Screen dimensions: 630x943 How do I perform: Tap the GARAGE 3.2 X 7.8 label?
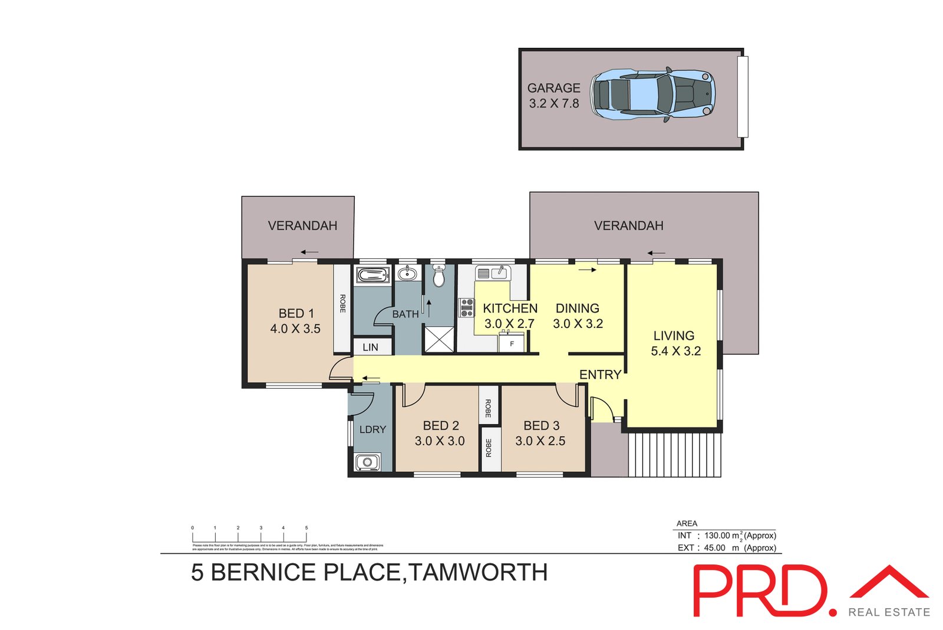[553, 96]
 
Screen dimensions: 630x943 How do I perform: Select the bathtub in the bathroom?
[372, 274]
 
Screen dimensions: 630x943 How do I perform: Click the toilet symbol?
[438, 276]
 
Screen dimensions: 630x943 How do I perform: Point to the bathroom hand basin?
[407, 274]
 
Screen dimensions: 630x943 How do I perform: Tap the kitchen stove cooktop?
[467, 307]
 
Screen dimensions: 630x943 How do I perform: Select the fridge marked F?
[512, 343]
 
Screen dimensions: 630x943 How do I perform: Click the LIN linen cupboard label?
[370, 347]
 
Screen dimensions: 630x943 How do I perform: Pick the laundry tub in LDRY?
[367, 462]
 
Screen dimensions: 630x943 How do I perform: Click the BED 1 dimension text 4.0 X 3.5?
[295, 329]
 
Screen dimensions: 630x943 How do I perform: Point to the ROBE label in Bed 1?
[342, 303]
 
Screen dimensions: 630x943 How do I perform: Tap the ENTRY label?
[600, 375]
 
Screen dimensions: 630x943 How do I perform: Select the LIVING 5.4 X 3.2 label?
[675, 343]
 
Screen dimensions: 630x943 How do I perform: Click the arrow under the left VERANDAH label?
[309, 252]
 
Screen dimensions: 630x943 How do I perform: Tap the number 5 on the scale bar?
[306, 528]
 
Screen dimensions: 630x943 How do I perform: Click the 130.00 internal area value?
[717, 536]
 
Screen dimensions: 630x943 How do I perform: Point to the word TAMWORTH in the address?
[478, 573]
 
